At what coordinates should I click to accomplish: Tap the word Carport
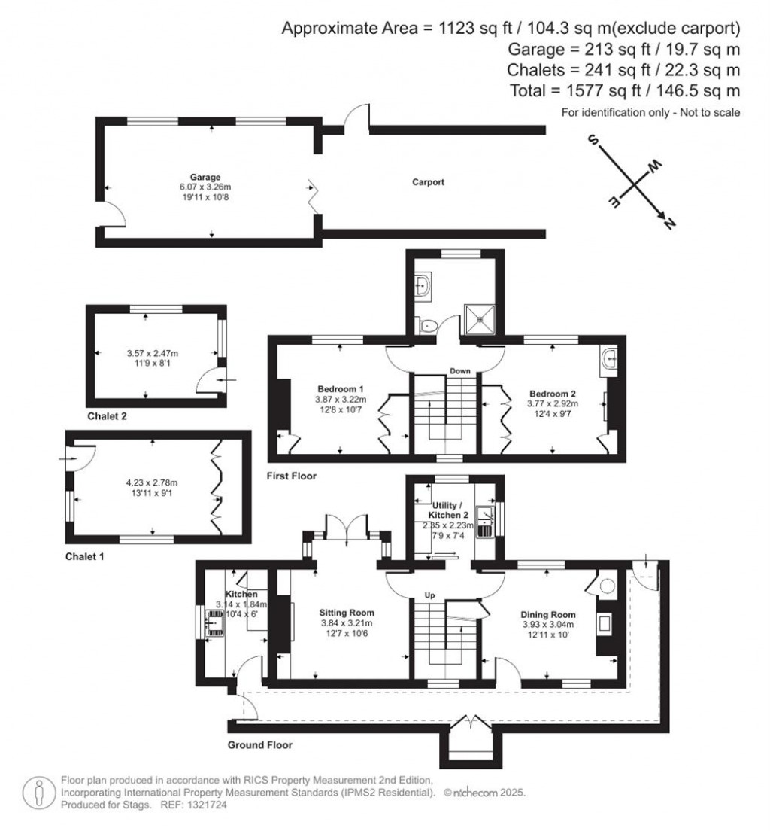(x=428, y=182)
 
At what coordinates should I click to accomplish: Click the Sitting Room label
(x=347, y=613)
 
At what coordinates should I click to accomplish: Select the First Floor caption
(x=292, y=476)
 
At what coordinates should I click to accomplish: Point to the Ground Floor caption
(x=259, y=745)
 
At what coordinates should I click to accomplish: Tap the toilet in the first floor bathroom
(x=428, y=326)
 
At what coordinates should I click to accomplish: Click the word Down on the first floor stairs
(x=460, y=371)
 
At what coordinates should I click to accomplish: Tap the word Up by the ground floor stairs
(x=431, y=595)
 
